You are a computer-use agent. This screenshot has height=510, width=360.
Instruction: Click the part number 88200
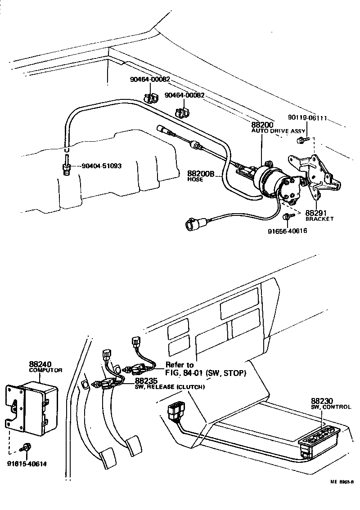(261, 124)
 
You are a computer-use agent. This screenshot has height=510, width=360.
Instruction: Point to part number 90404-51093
(102, 166)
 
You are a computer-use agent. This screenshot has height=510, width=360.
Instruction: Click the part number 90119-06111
(307, 118)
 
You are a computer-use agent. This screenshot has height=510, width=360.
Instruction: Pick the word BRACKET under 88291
(319, 219)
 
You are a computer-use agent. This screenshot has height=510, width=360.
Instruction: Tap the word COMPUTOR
(45, 370)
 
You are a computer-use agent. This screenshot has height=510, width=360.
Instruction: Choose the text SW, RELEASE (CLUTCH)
(170, 387)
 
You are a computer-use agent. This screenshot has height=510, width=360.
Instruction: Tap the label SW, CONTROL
(331, 407)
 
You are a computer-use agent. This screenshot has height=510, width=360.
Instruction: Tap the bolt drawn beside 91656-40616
(287, 217)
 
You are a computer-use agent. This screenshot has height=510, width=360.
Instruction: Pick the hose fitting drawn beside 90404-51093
(67, 166)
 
